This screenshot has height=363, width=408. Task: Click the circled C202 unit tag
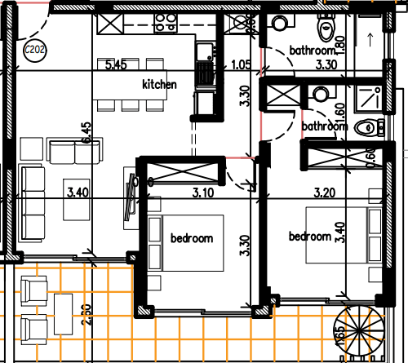tap(34, 50)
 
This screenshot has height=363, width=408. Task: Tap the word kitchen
tap(159, 84)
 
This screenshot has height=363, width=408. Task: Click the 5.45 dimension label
tap(116, 65)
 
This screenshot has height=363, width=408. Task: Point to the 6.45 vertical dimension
tap(86, 133)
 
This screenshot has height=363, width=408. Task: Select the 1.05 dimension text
tap(241, 65)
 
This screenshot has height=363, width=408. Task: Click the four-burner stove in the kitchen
tap(166, 23)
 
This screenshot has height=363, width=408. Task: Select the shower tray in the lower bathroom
tap(369, 100)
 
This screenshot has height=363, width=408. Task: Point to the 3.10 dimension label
tap(203, 193)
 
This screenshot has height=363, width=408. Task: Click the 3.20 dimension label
tap(325, 193)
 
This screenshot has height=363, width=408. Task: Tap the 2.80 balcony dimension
tap(86, 315)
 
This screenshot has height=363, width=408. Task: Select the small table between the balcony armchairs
tap(64, 314)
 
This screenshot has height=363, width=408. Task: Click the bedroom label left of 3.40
tap(310, 237)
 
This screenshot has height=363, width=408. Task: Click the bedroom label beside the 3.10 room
tap(192, 238)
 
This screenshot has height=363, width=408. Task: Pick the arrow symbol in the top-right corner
tap(370, 40)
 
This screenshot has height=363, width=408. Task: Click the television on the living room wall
tap(130, 197)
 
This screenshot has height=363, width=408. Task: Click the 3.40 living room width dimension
tap(78, 193)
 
